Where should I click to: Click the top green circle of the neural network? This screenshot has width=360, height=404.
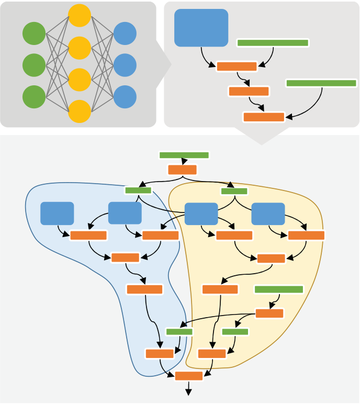(34, 33)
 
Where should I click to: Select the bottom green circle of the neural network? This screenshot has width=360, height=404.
(34, 97)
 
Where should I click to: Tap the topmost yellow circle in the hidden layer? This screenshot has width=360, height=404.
(80, 16)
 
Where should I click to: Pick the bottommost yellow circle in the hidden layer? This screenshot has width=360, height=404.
(80, 111)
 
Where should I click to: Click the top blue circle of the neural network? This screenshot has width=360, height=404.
(125, 33)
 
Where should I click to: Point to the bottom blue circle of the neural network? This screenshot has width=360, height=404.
(125, 97)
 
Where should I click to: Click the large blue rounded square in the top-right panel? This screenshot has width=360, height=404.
(201, 28)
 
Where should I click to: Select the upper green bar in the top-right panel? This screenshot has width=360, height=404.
(273, 43)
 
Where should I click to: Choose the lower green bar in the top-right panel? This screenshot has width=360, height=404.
(321, 83)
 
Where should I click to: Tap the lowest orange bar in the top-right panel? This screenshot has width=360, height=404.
(264, 117)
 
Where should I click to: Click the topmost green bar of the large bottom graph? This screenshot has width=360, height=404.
(184, 155)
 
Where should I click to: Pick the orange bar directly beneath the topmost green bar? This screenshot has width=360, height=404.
(182, 170)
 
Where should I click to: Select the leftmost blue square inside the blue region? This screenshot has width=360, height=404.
(57, 213)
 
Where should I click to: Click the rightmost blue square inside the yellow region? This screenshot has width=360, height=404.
(268, 214)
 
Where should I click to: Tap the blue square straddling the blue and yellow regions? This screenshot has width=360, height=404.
(201, 214)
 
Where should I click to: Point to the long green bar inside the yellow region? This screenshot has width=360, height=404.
(278, 289)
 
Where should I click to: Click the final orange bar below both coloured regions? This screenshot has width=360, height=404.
(188, 376)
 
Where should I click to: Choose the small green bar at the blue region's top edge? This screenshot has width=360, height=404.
(138, 190)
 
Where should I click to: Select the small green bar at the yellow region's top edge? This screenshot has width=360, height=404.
(234, 191)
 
